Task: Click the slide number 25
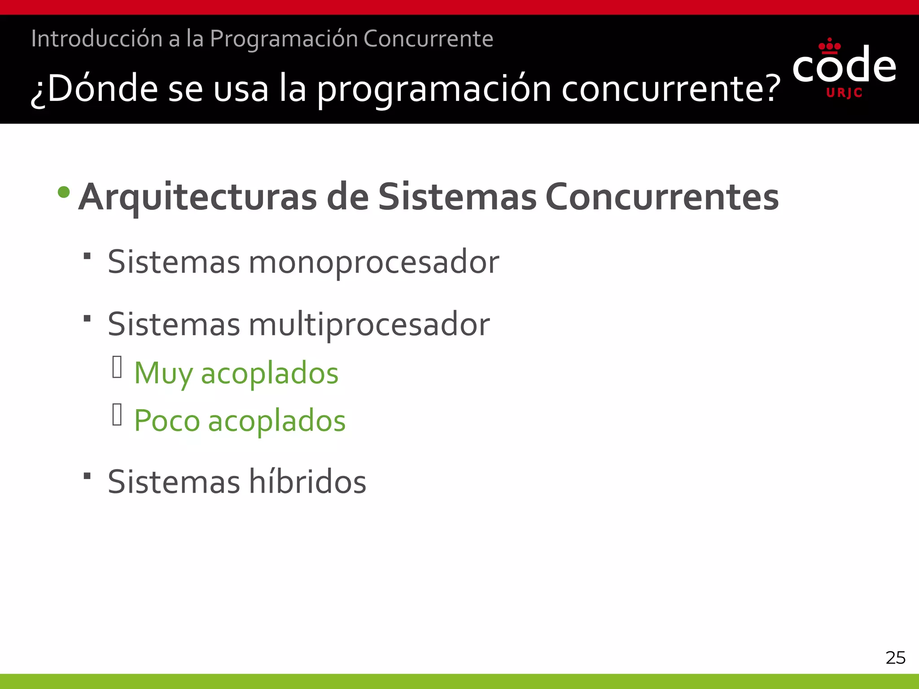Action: tap(895, 658)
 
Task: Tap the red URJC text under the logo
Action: tap(844, 93)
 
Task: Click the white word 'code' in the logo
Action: tap(844, 66)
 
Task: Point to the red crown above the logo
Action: tap(829, 45)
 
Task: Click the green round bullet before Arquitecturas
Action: tap(64, 192)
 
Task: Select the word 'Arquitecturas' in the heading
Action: tap(197, 197)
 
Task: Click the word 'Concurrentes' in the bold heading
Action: tap(662, 197)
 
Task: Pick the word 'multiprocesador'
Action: tap(369, 324)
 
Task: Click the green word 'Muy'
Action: tap(163, 373)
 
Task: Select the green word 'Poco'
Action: tap(167, 421)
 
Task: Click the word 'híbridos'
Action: tap(307, 481)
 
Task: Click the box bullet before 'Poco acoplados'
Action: tap(117, 414)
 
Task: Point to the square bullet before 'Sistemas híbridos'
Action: tap(88, 475)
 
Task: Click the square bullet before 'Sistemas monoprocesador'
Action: tap(88, 256)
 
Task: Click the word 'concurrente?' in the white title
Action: tap(671, 89)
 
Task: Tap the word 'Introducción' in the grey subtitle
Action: tap(96, 39)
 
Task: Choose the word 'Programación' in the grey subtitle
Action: tap(284, 39)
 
